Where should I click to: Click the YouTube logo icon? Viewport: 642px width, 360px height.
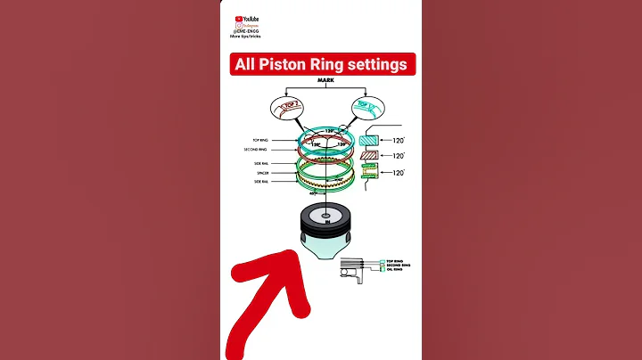pos(239,17)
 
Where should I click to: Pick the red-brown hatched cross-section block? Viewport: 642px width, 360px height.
pos(370,155)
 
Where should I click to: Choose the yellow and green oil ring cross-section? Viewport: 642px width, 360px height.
pos(370,174)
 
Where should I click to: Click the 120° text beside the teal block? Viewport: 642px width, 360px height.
pos(396,140)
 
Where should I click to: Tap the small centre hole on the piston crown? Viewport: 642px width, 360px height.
pos(325,217)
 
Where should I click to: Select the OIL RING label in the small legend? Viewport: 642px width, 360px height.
pos(398,271)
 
